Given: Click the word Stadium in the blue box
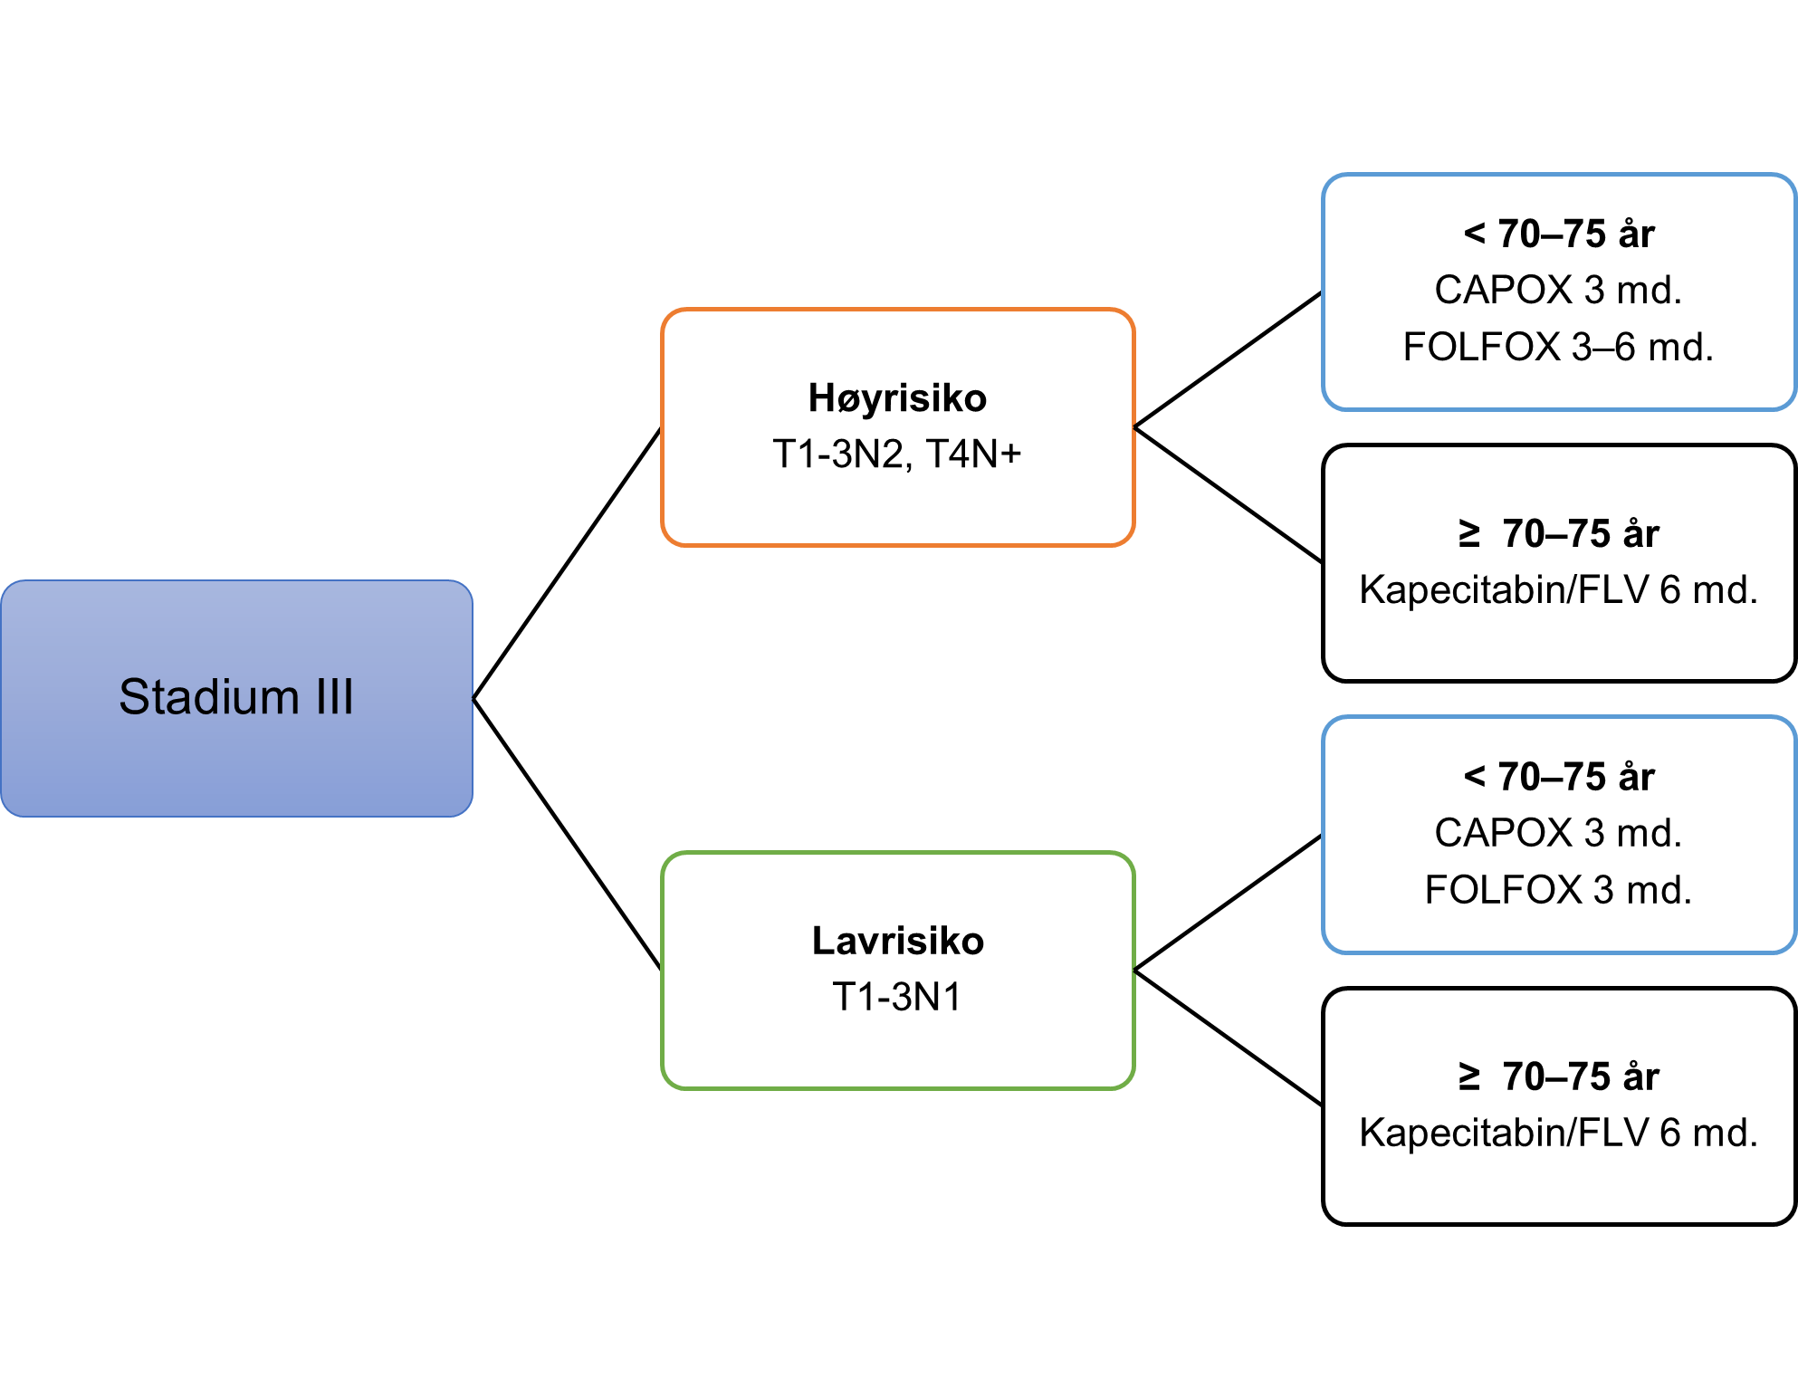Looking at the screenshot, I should click(x=209, y=697).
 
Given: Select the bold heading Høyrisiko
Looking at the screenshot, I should click(x=897, y=398).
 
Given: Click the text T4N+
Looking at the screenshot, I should click(x=973, y=454).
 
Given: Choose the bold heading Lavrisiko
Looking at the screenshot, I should click(x=897, y=941).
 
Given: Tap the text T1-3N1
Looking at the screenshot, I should click(x=897, y=997).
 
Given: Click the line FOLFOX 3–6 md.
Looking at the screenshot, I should click(x=1558, y=347).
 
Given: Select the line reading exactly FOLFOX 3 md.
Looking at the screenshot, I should click(x=1558, y=890).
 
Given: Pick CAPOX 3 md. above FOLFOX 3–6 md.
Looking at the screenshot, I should click(x=1558, y=291).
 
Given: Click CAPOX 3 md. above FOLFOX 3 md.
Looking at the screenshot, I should click(x=1558, y=833).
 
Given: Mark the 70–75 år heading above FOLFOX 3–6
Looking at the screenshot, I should click(x=1576, y=234).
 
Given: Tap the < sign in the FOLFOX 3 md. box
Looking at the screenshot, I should click(x=1475, y=776).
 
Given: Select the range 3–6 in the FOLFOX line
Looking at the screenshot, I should click(x=1603, y=347).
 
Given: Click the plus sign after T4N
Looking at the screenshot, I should click(x=1010, y=454).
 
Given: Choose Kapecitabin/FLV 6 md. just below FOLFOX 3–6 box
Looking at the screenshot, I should click(x=1558, y=590).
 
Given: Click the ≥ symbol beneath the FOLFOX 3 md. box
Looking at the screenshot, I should click(x=1468, y=1076).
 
